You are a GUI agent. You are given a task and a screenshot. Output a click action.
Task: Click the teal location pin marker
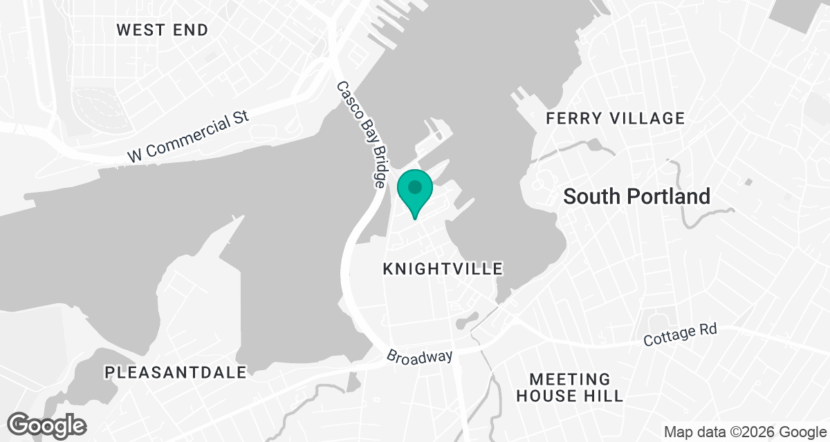(x=415, y=193)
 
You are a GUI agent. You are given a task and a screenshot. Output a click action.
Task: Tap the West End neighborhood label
(x=162, y=30)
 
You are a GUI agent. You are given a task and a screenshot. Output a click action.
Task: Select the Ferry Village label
(x=615, y=118)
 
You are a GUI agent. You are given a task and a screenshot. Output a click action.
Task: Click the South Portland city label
(x=636, y=196)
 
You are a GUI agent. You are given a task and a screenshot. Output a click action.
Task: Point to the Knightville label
(x=443, y=269)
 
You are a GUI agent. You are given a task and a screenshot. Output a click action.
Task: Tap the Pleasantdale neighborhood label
(x=176, y=372)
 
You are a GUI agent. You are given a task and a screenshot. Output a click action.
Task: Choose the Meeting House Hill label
(x=570, y=387)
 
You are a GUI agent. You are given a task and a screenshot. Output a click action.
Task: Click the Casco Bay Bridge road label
(x=361, y=135)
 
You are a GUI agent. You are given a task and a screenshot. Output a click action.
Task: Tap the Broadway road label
(x=420, y=356)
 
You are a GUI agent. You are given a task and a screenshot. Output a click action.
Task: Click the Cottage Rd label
(x=680, y=335)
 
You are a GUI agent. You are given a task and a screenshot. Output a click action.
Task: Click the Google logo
(x=47, y=424)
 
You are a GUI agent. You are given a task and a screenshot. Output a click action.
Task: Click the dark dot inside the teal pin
(x=415, y=186)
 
